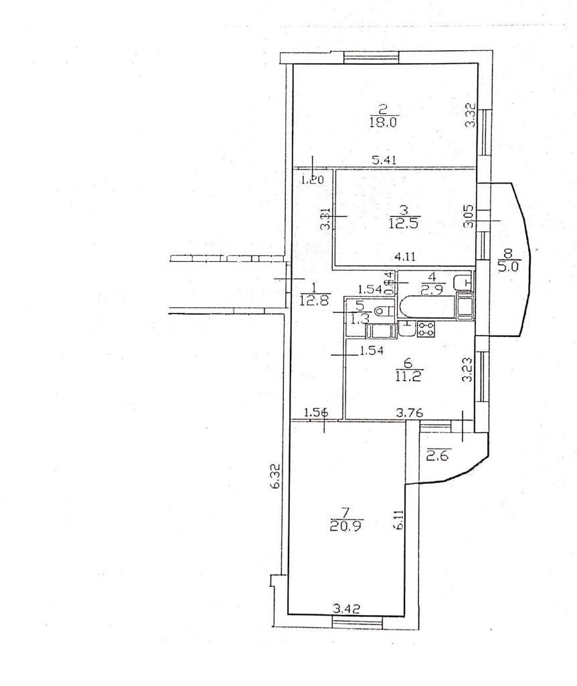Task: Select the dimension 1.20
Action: point(311,180)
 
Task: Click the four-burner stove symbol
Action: point(426,328)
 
